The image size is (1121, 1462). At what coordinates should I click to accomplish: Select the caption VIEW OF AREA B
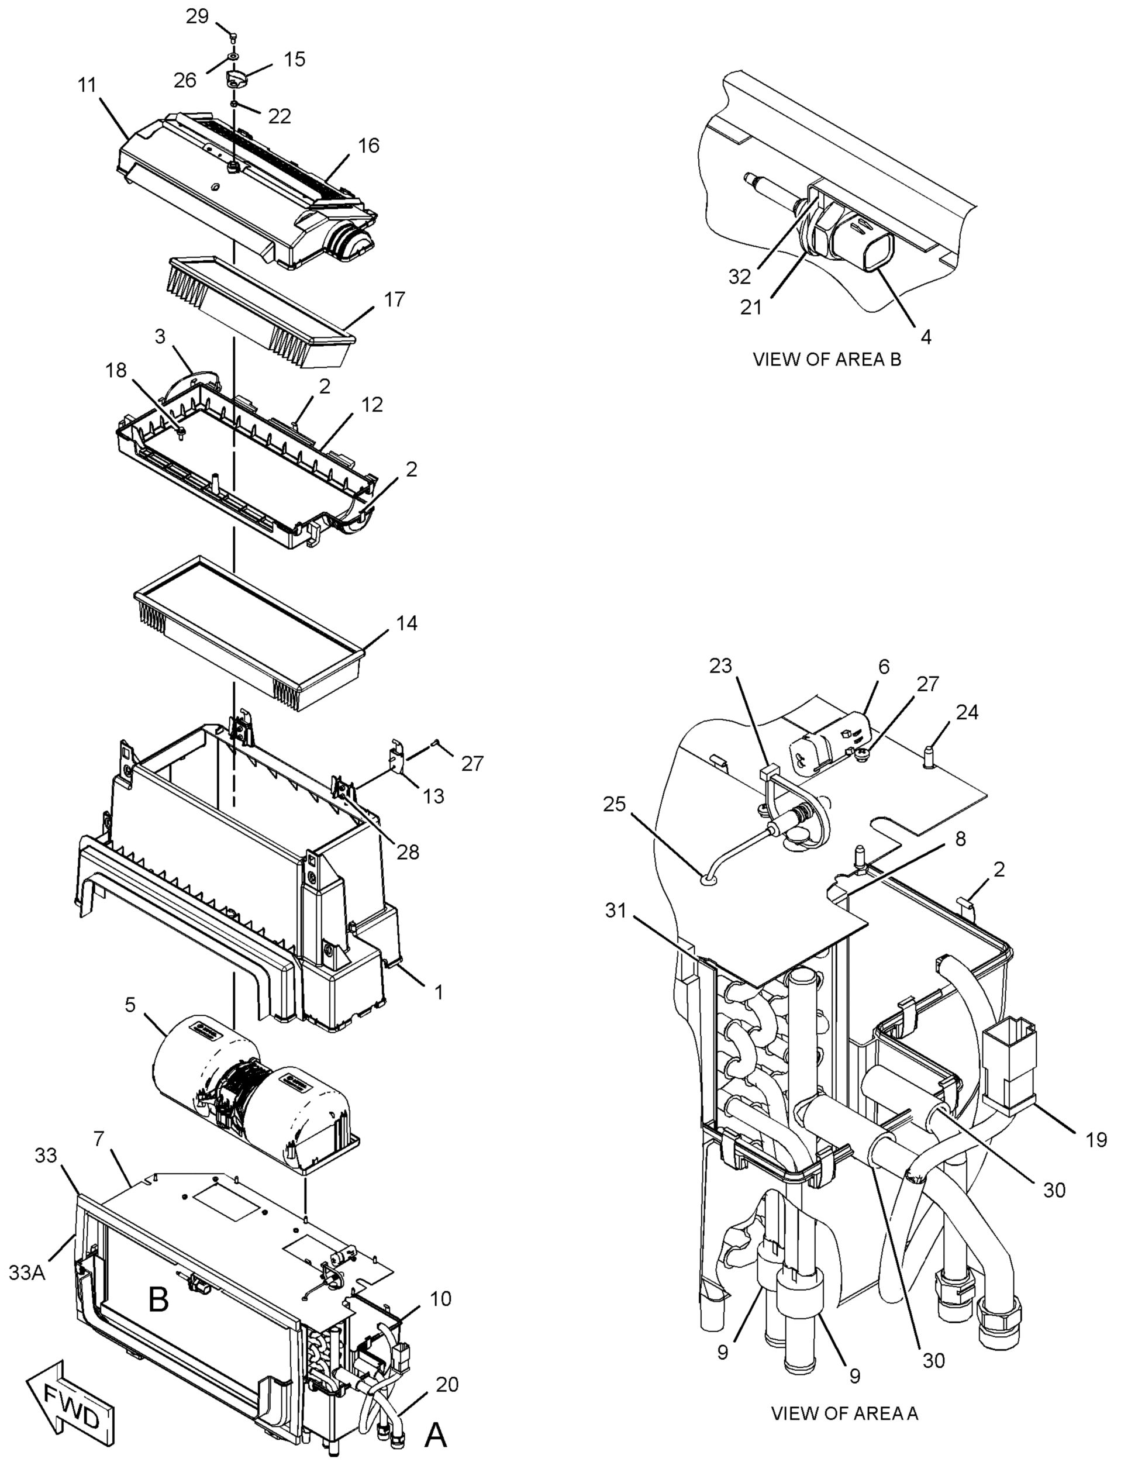tap(827, 359)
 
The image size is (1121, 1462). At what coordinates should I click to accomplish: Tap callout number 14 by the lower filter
tap(406, 623)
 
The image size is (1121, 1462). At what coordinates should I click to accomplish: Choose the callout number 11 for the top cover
tap(87, 85)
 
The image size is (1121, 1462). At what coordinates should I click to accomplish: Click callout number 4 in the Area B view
tap(926, 337)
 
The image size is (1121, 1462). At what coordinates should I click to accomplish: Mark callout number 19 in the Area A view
tap(1096, 1140)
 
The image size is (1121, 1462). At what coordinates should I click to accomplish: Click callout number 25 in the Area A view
tap(615, 804)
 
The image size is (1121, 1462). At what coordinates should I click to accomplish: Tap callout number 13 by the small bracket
tap(433, 795)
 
